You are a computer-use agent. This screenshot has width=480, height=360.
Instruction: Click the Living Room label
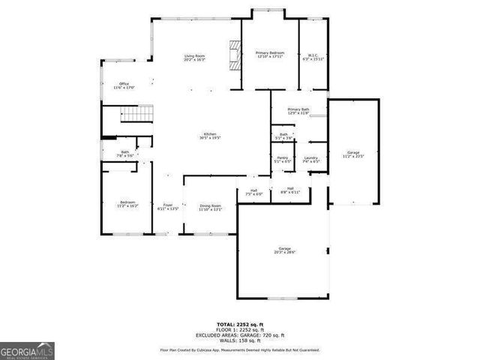pos(195,58)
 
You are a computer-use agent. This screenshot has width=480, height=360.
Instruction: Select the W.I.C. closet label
pos(314,54)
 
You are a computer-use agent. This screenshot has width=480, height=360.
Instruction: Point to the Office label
pos(124,85)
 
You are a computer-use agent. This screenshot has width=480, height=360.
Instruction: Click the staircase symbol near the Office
pos(136,114)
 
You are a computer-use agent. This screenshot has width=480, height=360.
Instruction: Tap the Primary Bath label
pos(298,110)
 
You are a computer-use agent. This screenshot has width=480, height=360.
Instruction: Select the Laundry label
pos(311,159)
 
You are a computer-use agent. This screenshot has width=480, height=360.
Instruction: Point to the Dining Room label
pos(210,207)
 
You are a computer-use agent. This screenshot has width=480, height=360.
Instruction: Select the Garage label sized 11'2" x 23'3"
pos(352,154)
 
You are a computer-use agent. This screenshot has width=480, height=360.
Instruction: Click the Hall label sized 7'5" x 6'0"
pos(253,192)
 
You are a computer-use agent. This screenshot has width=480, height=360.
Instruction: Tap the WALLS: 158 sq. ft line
pos(239,340)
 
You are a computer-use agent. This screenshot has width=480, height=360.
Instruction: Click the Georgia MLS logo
pos(27,349)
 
